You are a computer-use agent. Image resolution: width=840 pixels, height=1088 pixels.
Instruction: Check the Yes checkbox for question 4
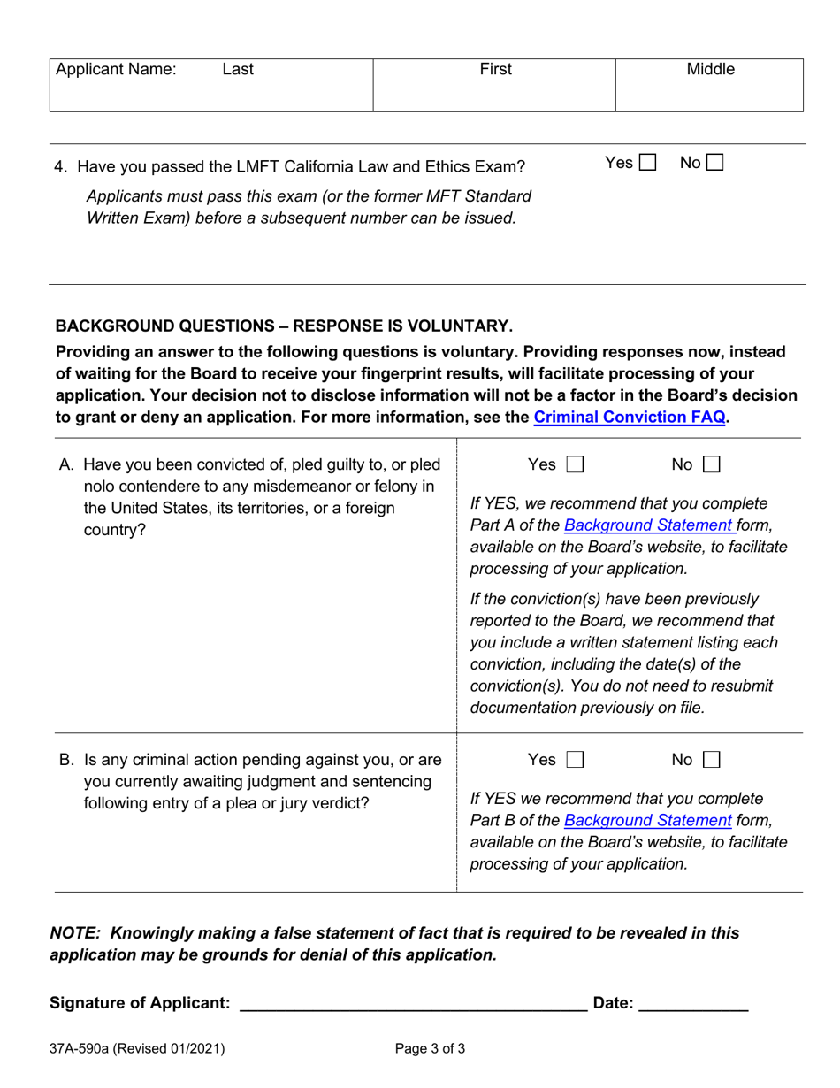click(x=647, y=163)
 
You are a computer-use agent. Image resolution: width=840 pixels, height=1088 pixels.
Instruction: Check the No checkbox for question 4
click(x=714, y=163)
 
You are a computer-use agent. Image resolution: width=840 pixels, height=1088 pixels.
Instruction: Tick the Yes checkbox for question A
click(x=575, y=464)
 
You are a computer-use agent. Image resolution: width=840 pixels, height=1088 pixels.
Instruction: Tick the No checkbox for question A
click(x=711, y=464)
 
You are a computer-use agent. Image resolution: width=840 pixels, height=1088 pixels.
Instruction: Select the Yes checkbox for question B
click(x=575, y=760)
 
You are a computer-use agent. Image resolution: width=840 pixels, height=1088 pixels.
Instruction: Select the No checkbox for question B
click(x=711, y=760)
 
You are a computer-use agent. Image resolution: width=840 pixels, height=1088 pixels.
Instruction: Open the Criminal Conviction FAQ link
click(x=630, y=418)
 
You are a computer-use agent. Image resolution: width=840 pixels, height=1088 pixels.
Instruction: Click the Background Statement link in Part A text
click(x=648, y=525)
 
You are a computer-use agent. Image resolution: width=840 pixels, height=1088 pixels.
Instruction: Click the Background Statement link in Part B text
click(x=648, y=821)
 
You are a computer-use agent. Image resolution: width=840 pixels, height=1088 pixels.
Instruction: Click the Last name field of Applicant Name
click(x=238, y=70)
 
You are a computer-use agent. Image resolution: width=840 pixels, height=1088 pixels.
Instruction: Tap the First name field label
click(x=495, y=70)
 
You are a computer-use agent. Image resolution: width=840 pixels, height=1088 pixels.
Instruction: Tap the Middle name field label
click(x=710, y=70)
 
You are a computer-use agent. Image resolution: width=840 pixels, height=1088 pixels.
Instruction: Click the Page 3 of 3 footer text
click(x=430, y=1049)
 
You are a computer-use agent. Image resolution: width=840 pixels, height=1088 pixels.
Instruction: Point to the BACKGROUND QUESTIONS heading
click(x=283, y=326)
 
